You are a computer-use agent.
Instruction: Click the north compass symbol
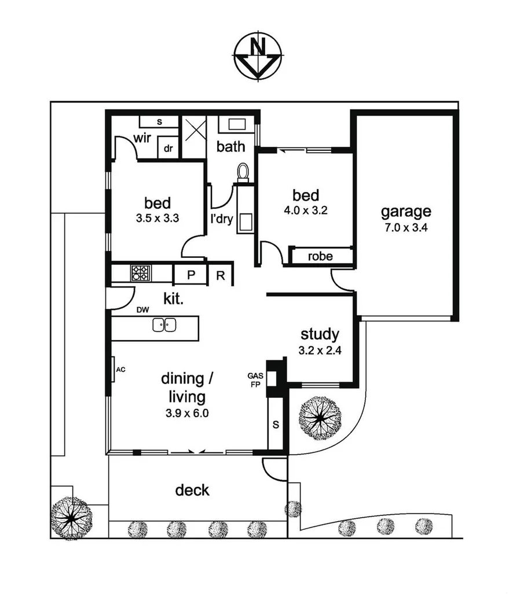click(258, 56)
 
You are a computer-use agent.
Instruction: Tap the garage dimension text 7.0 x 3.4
click(405, 227)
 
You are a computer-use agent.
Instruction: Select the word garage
click(405, 211)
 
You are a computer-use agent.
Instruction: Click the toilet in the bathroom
click(243, 172)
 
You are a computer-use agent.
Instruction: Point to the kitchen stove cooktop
click(140, 273)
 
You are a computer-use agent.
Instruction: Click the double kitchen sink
click(164, 326)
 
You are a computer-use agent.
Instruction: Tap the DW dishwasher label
click(143, 310)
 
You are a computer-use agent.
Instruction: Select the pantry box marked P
click(191, 275)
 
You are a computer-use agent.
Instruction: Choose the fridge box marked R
click(221, 275)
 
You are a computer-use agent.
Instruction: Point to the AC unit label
click(120, 369)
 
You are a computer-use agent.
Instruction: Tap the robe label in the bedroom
click(320, 256)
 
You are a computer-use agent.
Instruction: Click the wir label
click(142, 139)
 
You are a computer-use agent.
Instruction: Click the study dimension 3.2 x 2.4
click(319, 350)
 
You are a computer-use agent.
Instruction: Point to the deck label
click(192, 490)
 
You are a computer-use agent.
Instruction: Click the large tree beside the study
click(318, 416)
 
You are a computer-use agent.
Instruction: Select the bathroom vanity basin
click(237, 125)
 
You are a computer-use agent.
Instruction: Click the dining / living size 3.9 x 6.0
click(183, 413)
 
